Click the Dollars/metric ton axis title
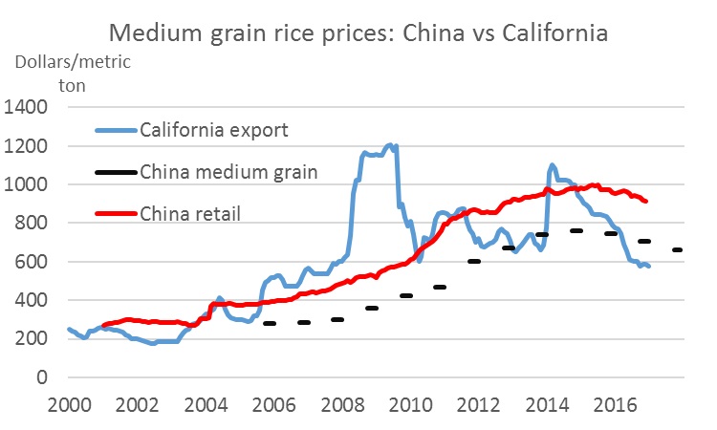[x=72, y=73]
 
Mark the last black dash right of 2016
[x=677, y=250]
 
